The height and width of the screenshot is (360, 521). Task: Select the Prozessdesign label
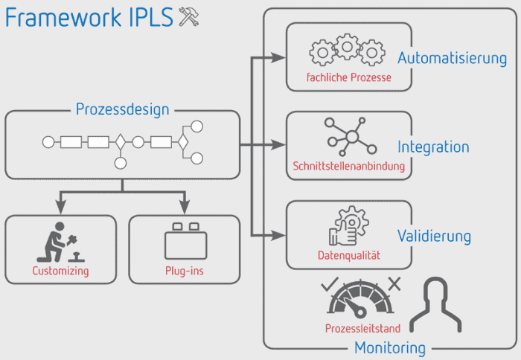122,110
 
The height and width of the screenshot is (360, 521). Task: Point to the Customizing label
60,271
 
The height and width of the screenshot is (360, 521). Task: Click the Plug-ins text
184,271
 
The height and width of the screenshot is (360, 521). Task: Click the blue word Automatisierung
452,58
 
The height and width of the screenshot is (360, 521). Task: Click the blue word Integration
433,147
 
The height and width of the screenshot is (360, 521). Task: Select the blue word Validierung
434,237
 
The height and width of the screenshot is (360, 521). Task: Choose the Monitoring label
390,347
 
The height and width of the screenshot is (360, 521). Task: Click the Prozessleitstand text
363,328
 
